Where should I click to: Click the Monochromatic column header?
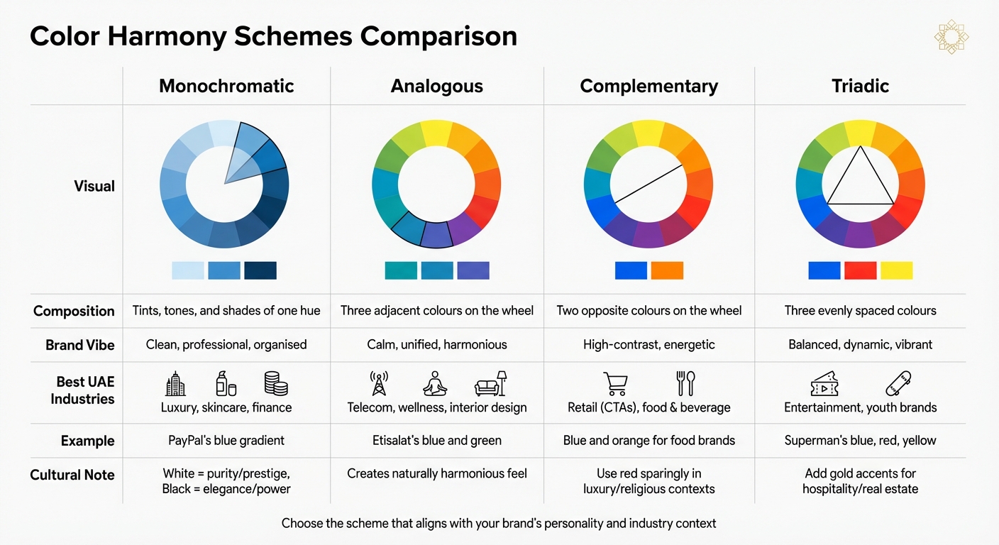(226, 87)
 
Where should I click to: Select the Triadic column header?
(860, 87)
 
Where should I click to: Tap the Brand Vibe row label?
(79, 345)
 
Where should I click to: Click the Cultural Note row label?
(72, 475)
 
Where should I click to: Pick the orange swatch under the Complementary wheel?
(666, 270)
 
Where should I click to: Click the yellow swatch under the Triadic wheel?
(896, 270)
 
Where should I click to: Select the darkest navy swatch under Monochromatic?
(260, 270)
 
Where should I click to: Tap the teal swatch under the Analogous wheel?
(401, 270)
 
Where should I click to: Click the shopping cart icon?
(614, 383)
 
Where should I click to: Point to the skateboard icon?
(898, 383)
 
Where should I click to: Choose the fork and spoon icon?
(685, 383)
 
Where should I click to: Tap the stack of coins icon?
(275, 383)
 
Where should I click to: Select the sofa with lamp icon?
(491, 383)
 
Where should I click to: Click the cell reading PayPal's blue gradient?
(226, 441)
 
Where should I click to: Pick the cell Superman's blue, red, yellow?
(860, 441)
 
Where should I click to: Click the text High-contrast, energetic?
(648, 345)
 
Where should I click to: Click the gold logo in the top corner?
(951, 37)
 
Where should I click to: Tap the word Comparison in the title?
(439, 37)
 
